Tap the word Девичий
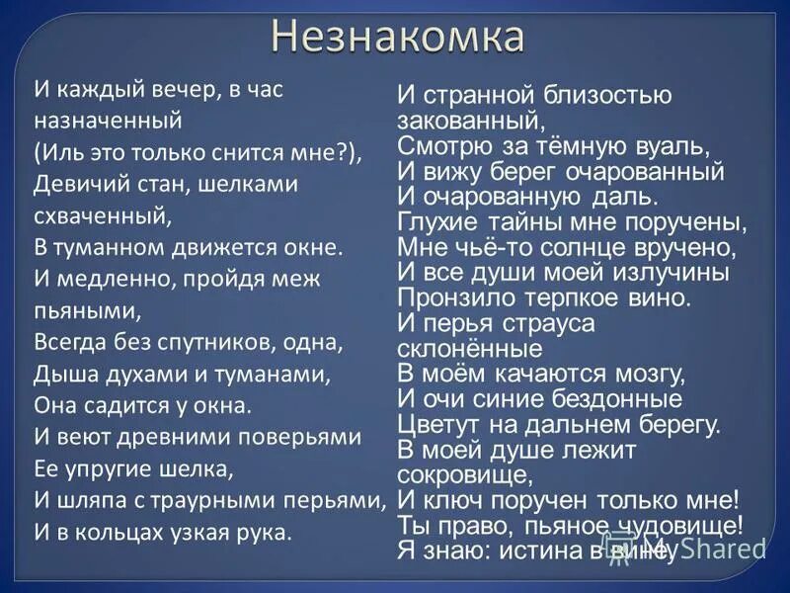[73, 184]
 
